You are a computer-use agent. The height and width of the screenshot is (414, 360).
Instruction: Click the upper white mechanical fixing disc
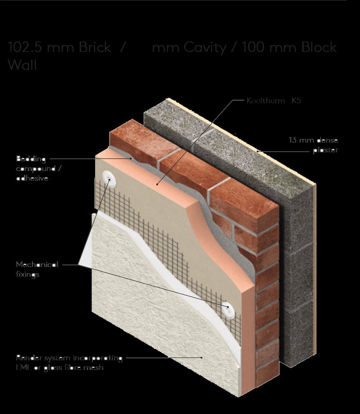click(109, 177)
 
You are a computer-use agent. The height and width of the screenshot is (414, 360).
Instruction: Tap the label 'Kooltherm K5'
click(273, 101)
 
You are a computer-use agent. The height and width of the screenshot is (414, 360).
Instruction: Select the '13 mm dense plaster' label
click(313, 145)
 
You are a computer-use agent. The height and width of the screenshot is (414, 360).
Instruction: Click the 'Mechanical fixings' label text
click(37, 269)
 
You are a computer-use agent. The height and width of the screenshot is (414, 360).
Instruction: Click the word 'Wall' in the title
click(22, 65)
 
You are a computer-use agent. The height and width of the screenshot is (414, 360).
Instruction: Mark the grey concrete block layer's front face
click(297, 270)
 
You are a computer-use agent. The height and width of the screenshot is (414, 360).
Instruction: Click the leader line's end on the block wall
click(258, 152)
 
